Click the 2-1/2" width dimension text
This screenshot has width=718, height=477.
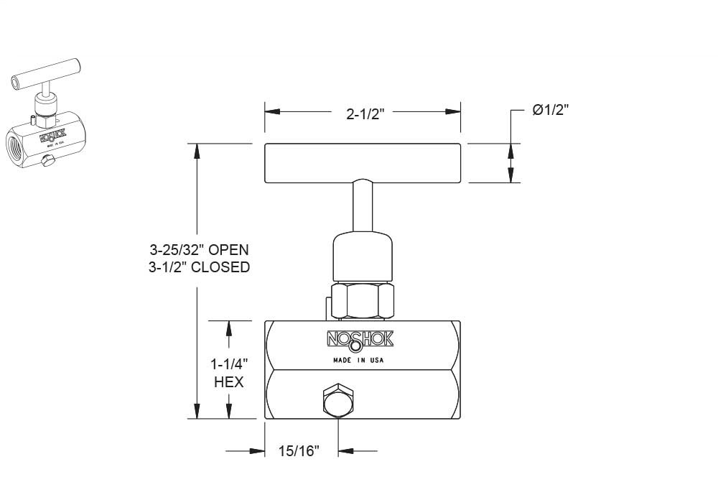tap(362, 114)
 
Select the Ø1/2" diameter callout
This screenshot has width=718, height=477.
tap(551, 110)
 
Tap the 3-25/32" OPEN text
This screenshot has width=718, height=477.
tap(199, 250)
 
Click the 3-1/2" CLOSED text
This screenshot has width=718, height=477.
tap(199, 267)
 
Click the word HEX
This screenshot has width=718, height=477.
tap(229, 382)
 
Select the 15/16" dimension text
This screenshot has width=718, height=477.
tap(298, 451)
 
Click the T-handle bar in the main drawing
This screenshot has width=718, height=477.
tap(362, 162)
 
